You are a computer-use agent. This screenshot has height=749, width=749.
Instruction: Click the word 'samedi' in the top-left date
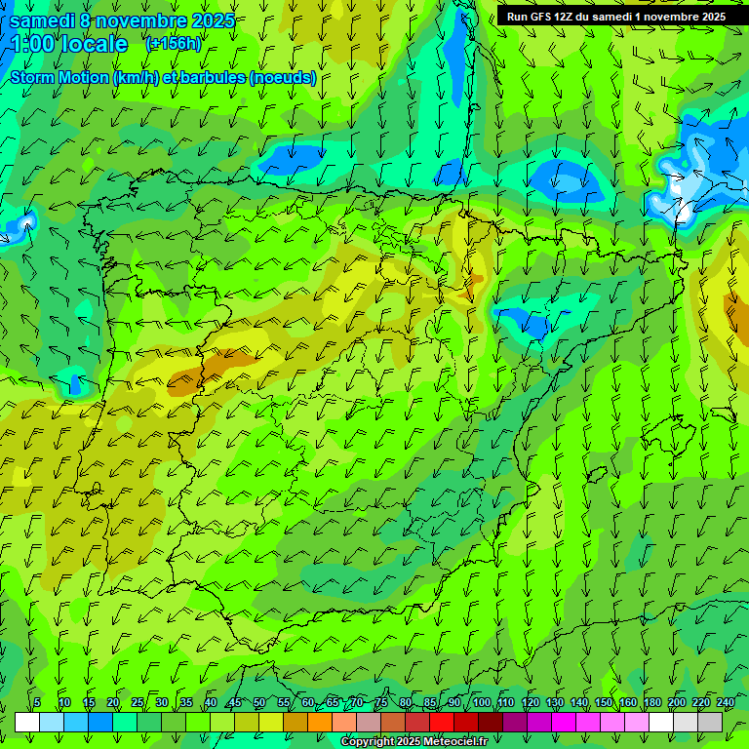pos(43,20)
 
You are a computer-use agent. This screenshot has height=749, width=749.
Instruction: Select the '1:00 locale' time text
pos(69,44)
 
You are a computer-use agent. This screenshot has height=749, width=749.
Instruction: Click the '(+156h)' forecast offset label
pos(174,44)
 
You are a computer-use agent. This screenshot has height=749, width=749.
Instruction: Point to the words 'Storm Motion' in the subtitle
pos(59,77)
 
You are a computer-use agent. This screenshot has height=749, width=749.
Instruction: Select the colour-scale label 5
pos(37,702)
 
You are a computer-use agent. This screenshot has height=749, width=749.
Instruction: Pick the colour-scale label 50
pos(259,702)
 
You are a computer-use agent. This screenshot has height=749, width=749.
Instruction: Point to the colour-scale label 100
pos(481,702)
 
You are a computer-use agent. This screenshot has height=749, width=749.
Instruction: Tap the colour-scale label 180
pos(652,702)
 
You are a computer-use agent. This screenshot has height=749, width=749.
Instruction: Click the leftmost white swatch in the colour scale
pos(27,722)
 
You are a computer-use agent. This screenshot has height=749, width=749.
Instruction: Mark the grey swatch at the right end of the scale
pos(710,722)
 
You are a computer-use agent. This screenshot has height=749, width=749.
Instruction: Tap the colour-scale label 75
pos(381,702)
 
